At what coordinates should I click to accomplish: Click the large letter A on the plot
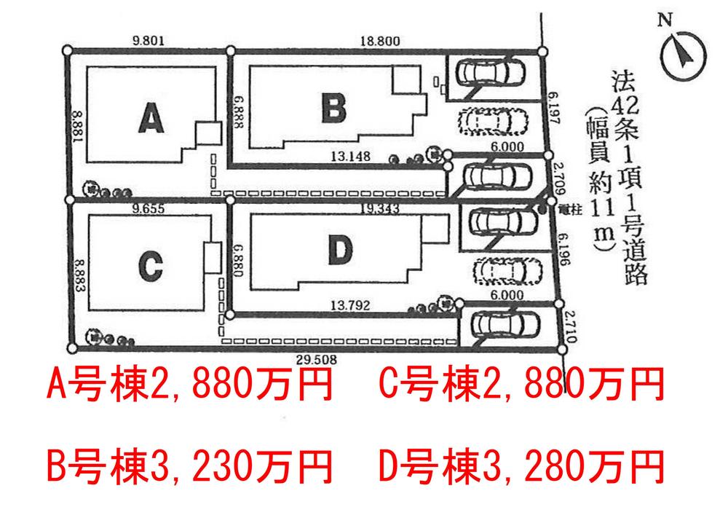[x=150, y=118]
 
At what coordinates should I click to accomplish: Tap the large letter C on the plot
[x=149, y=268]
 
